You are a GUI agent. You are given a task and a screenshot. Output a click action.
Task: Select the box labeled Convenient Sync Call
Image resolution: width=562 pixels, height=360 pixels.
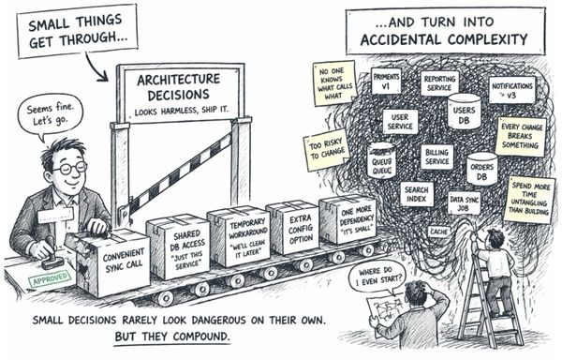pyautogui.click(x=112, y=255)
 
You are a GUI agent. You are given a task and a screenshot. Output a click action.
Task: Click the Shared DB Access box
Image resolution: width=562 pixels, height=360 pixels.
pyautogui.click(x=176, y=243)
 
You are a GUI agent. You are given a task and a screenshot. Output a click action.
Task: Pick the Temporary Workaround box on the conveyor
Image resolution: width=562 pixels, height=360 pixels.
pyautogui.click(x=238, y=233)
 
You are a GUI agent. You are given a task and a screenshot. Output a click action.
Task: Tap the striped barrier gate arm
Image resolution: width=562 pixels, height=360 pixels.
pyautogui.click(x=178, y=173)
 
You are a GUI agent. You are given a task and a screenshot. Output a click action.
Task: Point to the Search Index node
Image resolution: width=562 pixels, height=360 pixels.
pyautogui.click(x=416, y=194)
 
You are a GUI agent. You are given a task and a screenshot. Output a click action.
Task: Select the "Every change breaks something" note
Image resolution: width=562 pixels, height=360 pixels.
pyautogui.click(x=522, y=136)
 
